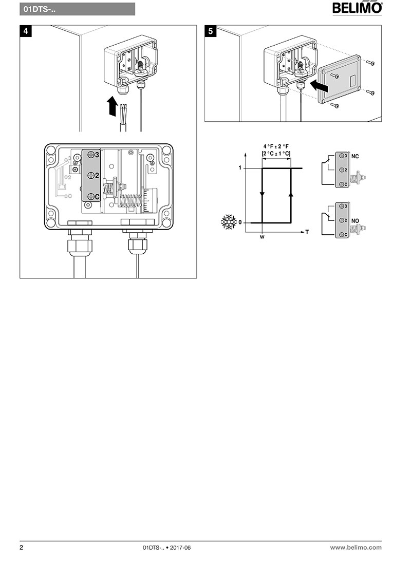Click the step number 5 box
[210, 31]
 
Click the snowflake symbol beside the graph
[227, 222]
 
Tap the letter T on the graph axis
[307, 232]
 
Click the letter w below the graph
[262, 238]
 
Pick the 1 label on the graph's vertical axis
[239, 168]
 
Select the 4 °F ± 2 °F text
[276, 146]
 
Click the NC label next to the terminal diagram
[356, 156]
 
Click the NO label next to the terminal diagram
[356, 219]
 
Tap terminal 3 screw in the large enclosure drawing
[91, 154]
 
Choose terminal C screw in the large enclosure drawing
[91, 197]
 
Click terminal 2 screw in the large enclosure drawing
[91, 175]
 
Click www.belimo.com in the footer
[356, 548]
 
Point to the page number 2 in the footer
[22, 548]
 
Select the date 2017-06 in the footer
[180, 548]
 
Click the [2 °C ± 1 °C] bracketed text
[276, 153]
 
